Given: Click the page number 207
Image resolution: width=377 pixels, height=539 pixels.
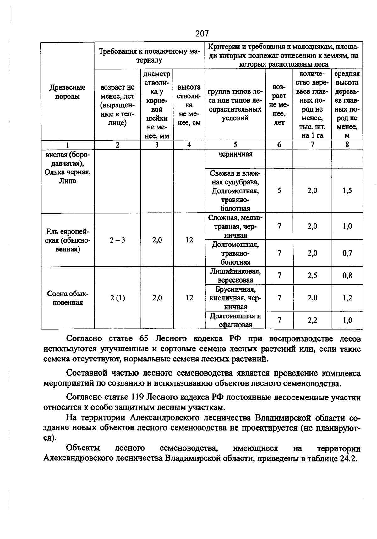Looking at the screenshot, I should pos(202,33).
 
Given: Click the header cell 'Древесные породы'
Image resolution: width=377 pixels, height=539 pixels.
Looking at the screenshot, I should pos(67,92).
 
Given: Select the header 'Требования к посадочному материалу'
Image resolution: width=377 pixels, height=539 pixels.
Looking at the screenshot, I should pos(149,56).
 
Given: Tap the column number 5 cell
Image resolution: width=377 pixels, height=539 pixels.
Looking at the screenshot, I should pos(235,145).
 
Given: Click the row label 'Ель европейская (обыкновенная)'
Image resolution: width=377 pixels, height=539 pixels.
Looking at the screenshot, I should pos(68,240).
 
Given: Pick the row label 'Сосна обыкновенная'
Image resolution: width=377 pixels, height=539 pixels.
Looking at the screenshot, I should pos(68,298).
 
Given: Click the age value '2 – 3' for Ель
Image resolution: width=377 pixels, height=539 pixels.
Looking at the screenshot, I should pos(117,240).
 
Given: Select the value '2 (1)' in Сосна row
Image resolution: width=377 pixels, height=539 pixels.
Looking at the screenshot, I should pos(117,298).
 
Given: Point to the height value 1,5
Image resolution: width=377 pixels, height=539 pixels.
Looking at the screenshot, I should pos(347,191).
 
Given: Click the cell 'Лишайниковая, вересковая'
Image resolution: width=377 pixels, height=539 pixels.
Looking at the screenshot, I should pos(235,276).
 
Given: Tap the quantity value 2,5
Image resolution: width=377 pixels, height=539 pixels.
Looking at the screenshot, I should pos(312,276).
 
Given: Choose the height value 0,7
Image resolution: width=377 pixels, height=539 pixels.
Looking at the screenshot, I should pos(347,253).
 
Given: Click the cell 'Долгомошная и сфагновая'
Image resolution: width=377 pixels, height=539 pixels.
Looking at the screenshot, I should pos(235,320).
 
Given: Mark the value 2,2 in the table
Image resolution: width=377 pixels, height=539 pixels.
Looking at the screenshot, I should pos(312,320).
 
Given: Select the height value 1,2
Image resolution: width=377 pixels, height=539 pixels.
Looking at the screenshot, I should pos(347,298).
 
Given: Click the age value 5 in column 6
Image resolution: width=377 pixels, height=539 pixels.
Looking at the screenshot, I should pos(279,191).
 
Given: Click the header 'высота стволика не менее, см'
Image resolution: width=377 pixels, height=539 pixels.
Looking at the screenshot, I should pos(189,105).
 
